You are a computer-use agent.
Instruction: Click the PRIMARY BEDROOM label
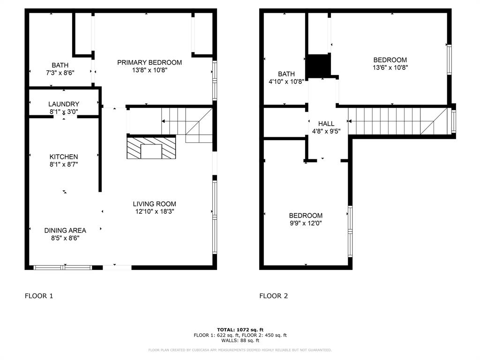coord(150,62)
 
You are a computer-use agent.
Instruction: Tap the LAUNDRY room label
coord(64,104)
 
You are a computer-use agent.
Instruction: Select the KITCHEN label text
coord(64,157)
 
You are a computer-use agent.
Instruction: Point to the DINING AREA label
coord(65,230)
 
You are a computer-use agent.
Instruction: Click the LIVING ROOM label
coord(154,204)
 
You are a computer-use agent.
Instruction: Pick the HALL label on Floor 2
coord(326,124)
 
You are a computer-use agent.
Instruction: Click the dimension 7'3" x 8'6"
coord(60,73)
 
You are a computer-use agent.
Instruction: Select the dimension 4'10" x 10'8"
coord(286,81)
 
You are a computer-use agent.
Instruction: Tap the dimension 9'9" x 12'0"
coord(305,223)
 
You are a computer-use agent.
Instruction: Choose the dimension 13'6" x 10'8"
coord(390,67)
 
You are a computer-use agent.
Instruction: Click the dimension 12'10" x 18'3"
coord(154,211)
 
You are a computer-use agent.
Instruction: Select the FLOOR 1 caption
coord(39,296)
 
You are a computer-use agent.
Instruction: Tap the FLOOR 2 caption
coord(274,296)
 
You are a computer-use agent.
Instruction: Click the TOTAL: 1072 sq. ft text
coord(240,330)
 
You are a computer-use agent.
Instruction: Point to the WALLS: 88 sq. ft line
coord(240,341)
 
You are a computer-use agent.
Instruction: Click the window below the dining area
coord(62,268)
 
